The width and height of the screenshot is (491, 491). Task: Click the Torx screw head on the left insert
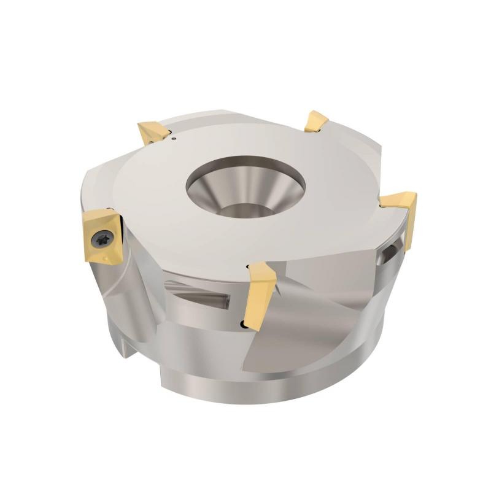[102, 236]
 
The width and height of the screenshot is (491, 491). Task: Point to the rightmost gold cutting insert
[399, 203]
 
